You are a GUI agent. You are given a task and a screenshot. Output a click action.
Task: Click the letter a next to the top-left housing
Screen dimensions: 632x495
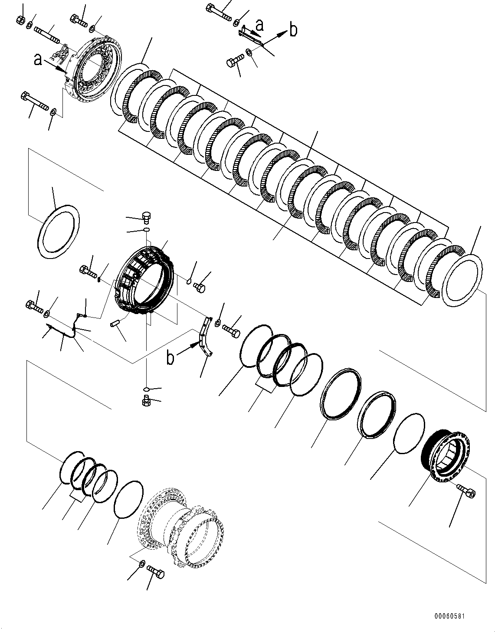(x=38, y=59)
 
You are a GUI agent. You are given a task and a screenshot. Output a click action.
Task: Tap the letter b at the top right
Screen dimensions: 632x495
(x=294, y=30)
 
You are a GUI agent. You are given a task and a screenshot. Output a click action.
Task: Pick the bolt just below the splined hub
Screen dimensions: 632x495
(x=467, y=491)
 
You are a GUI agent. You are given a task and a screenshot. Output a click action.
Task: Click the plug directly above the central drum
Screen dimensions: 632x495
(x=146, y=216)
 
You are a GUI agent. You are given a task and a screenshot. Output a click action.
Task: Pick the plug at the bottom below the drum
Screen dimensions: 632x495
(x=146, y=401)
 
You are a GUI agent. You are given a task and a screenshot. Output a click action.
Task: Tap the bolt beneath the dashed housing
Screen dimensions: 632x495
(x=156, y=573)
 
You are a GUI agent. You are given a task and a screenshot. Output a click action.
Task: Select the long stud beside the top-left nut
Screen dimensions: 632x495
(x=48, y=34)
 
